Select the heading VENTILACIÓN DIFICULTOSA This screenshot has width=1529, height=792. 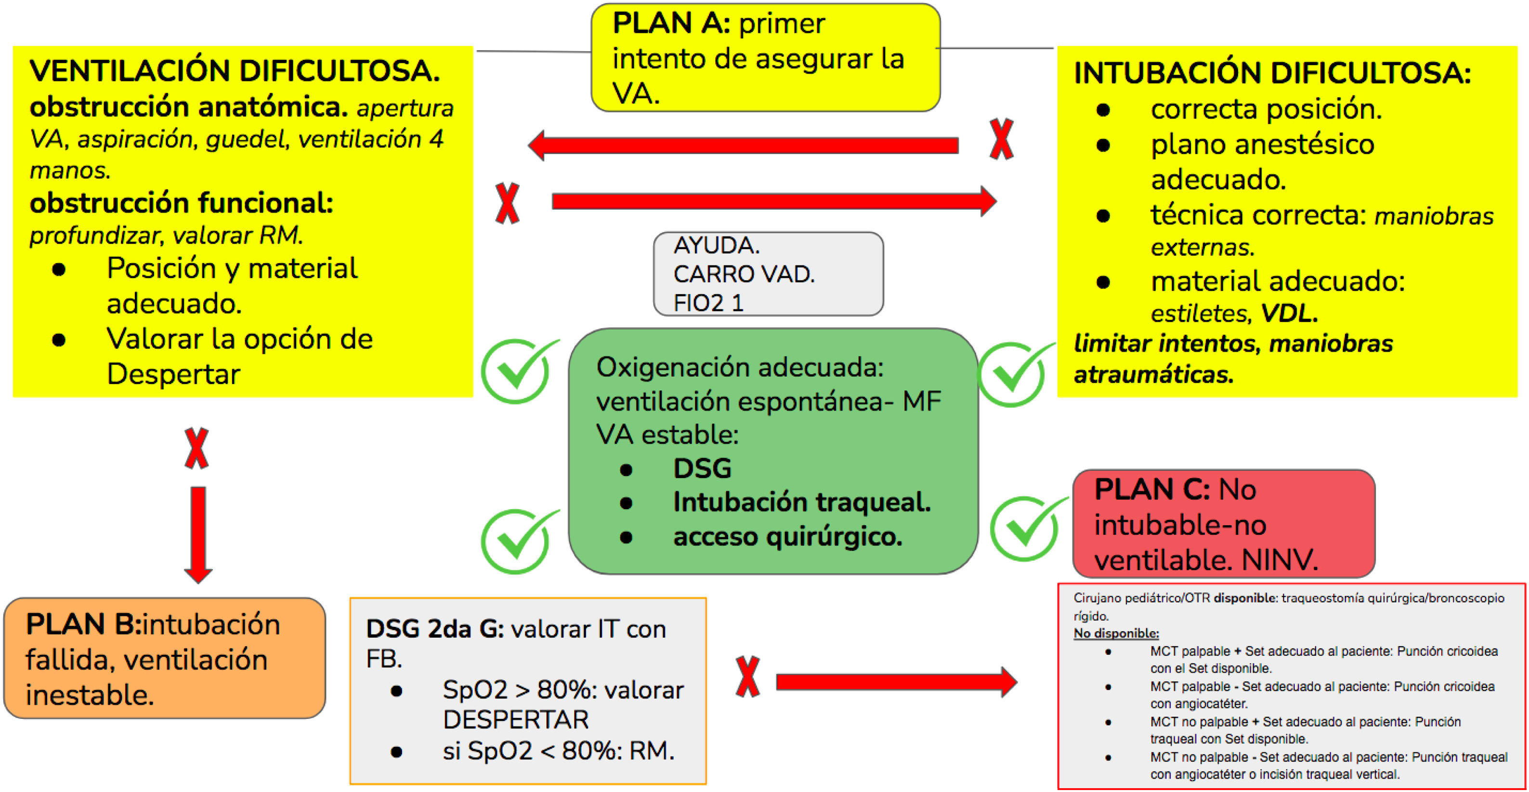pos(235,71)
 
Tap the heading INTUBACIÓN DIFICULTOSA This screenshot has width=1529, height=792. pos(1272,73)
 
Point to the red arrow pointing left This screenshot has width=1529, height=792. pos(742,145)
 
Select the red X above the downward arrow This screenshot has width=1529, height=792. pos(196,448)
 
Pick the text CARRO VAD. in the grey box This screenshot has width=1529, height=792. pos(744,274)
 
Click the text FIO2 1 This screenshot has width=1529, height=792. pos(708,304)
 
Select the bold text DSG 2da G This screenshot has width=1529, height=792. pos(434,629)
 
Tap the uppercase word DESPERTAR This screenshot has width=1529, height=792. pos(516,720)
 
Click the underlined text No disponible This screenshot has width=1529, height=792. pos(1116,634)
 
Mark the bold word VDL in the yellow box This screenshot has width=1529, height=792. pos(1289,313)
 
